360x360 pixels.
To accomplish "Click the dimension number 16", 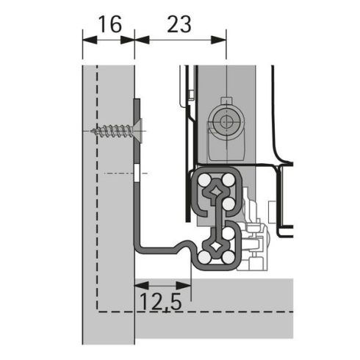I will point(108,24).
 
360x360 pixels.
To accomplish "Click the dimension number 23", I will point(179,24).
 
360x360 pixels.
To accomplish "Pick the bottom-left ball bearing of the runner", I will point(202,255).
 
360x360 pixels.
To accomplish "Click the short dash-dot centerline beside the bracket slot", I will point(118,173).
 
